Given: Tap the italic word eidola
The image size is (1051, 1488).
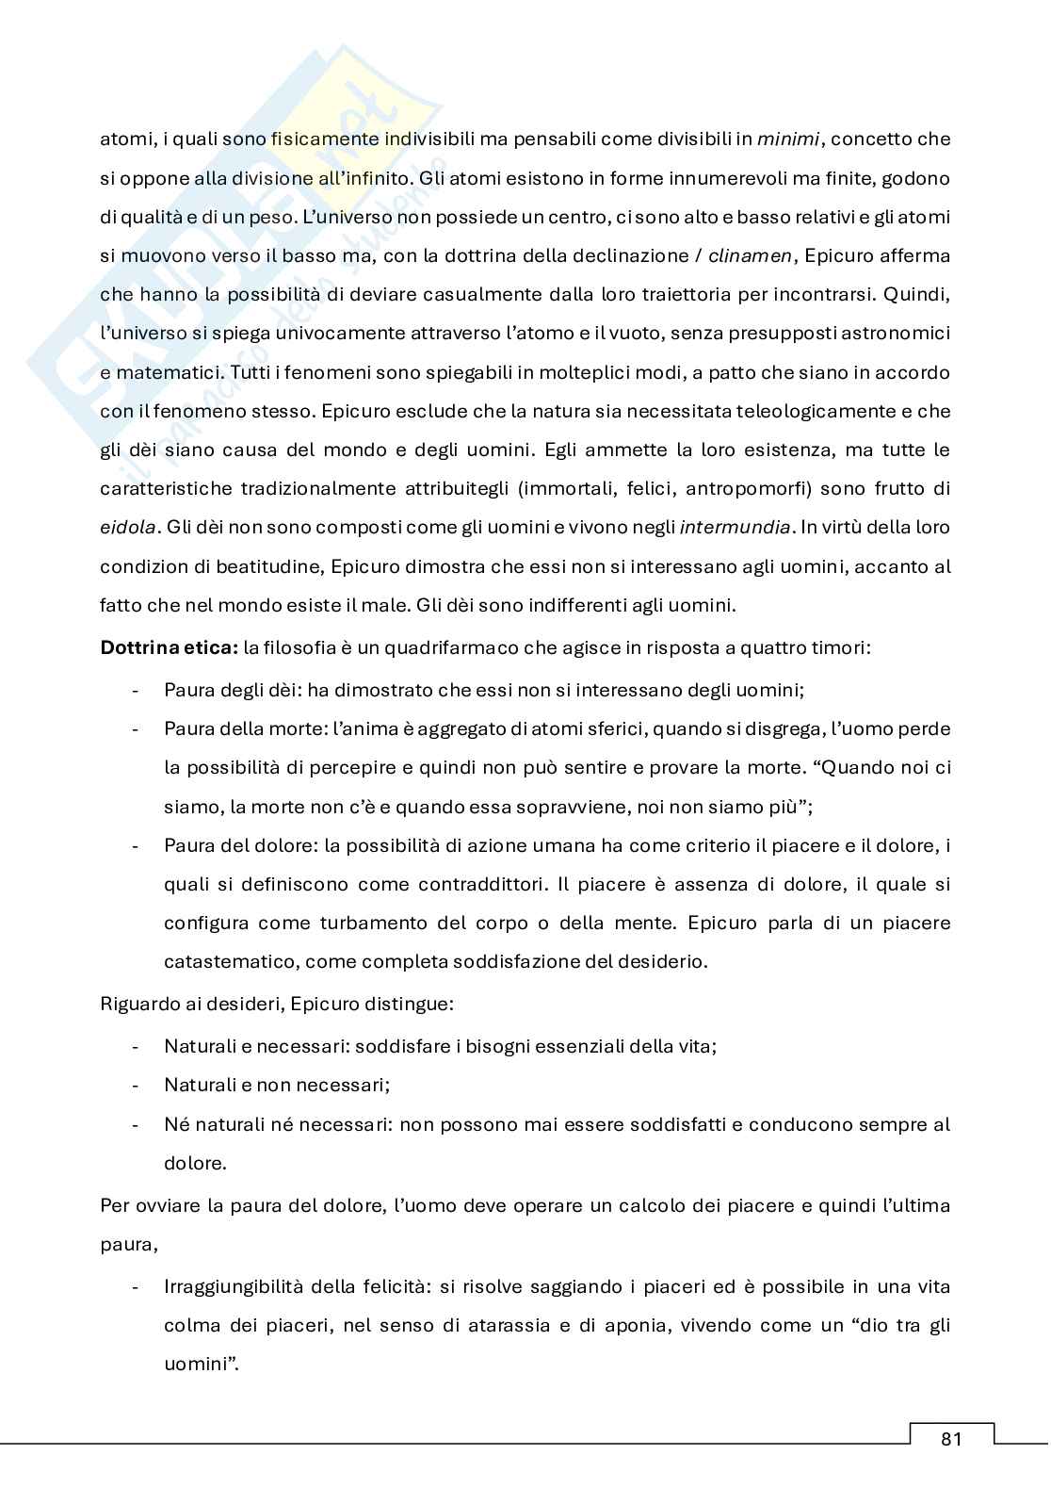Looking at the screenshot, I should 127,528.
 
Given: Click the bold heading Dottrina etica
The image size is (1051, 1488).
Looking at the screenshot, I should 169,648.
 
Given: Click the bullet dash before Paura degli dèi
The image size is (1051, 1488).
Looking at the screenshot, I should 137,690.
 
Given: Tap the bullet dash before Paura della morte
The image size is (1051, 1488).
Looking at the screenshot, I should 137,728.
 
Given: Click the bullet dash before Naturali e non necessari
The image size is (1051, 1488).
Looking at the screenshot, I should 137,1085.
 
